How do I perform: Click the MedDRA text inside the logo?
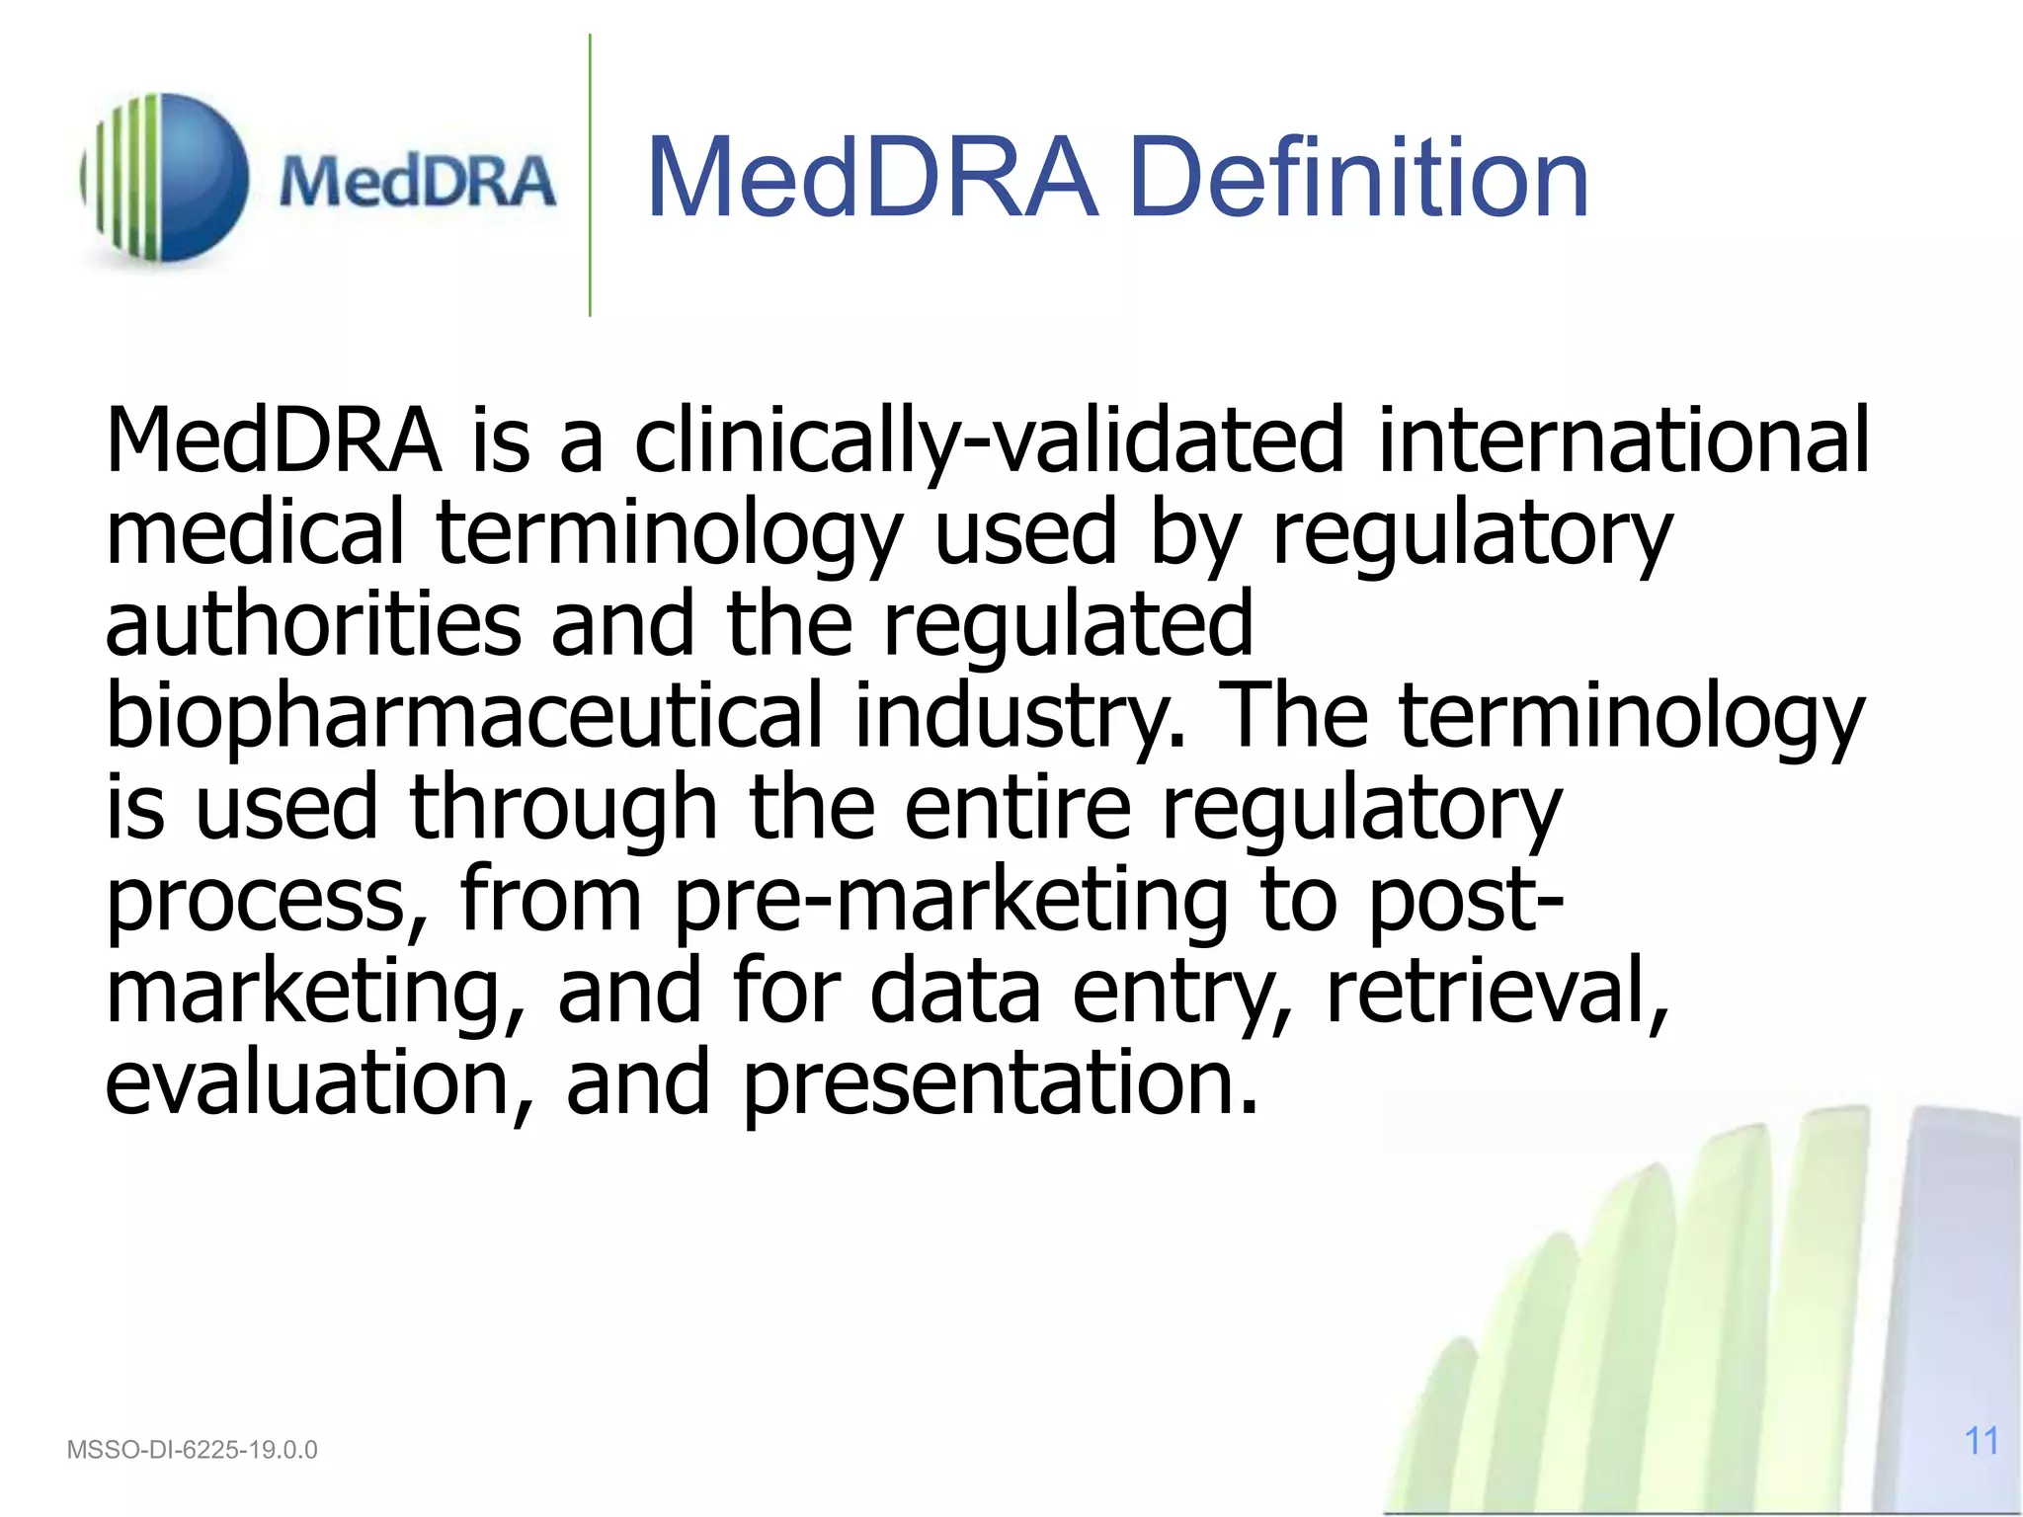[416, 182]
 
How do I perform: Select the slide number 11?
[1981, 1441]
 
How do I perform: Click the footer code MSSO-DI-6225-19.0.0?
[192, 1450]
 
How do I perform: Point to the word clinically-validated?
[989, 441]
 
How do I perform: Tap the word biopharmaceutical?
[464, 716]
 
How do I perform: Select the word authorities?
[313, 624]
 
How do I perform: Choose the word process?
[267, 901]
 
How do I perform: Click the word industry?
[1018, 716]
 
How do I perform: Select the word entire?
[1017, 808]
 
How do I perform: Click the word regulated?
[1067, 624]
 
